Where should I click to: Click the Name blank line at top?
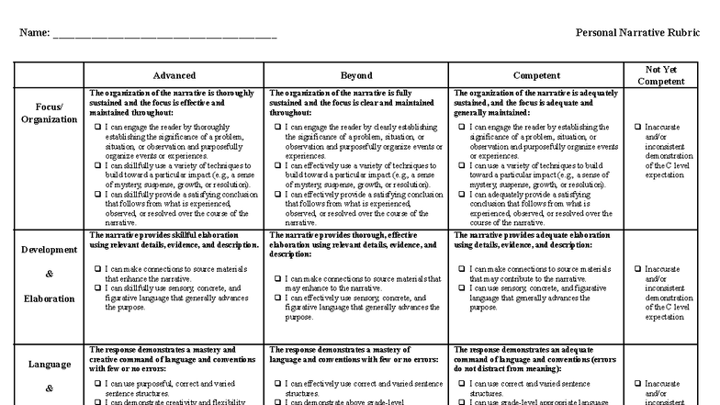(x=164, y=36)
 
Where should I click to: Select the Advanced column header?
(x=174, y=75)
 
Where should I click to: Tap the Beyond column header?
(x=356, y=75)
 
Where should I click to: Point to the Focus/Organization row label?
(x=49, y=113)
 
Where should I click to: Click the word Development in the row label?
(x=49, y=250)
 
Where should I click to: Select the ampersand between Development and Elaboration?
(x=49, y=274)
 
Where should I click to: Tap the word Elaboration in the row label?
(x=49, y=298)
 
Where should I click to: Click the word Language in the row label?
(x=49, y=364)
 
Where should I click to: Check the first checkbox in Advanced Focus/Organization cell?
(x=98, y=128)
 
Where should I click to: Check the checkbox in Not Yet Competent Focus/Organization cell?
(x=637, y=128)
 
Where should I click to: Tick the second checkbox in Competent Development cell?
(x=461, y=288)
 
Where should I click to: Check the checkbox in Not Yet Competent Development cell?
(x=637, y=269)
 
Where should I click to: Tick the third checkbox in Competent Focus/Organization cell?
(x=461, y=195)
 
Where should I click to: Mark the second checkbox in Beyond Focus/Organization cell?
(x=278, y=166)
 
